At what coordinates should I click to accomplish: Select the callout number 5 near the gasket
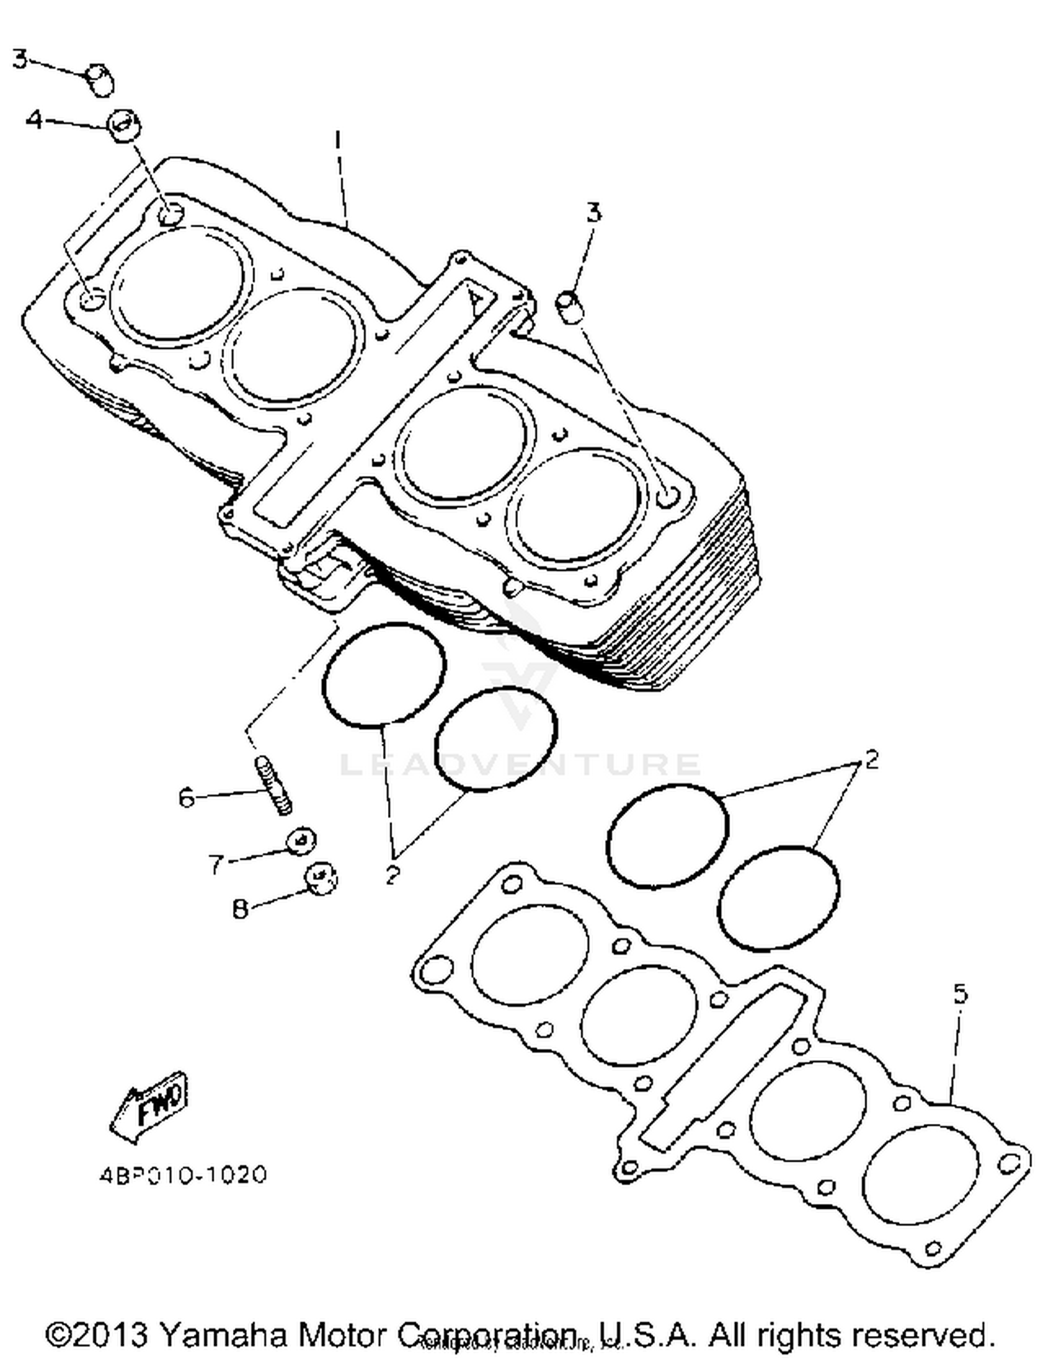point(960,994)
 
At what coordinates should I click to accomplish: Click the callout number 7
point(216,865)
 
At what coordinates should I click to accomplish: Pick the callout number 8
point(240,908)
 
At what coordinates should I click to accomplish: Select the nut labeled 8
point(321,879)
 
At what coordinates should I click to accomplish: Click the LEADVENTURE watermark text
point(520,764)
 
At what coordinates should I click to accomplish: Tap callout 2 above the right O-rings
point(871,758)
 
